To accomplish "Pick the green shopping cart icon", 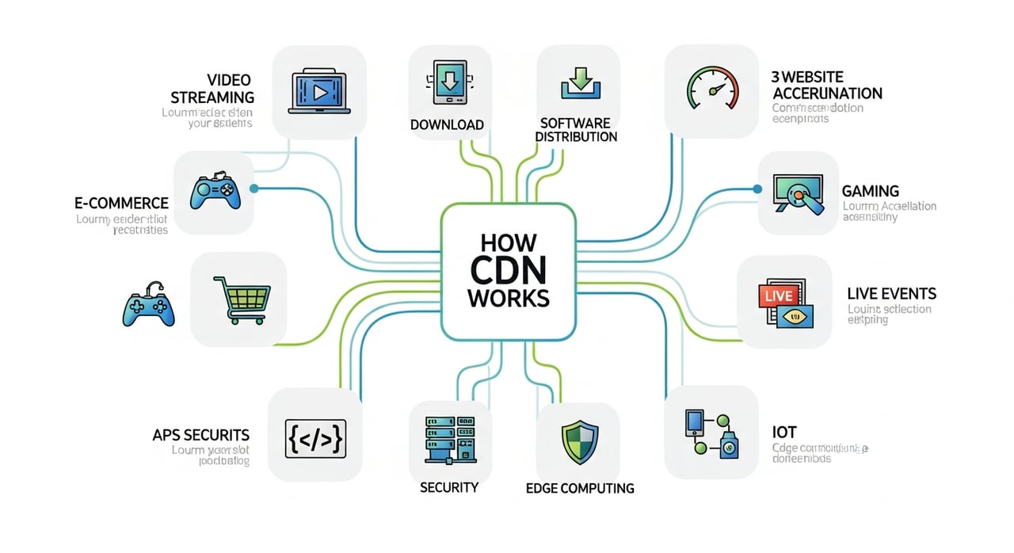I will click(238, 299).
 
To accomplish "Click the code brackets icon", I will click(314, 437).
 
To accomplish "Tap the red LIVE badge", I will click(776, 296).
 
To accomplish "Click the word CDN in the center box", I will click(507, 270).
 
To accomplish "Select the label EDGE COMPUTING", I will click(580, 488).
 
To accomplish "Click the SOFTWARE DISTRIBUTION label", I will click(576, 130).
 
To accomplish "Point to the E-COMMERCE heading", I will click(117, 204).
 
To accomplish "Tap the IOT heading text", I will click(783, 432).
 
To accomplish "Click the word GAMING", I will click(870, 191).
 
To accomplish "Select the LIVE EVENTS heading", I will click(891, 293).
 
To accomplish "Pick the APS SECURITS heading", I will click(200, 435).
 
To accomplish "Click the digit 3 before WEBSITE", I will click(776, 77).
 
